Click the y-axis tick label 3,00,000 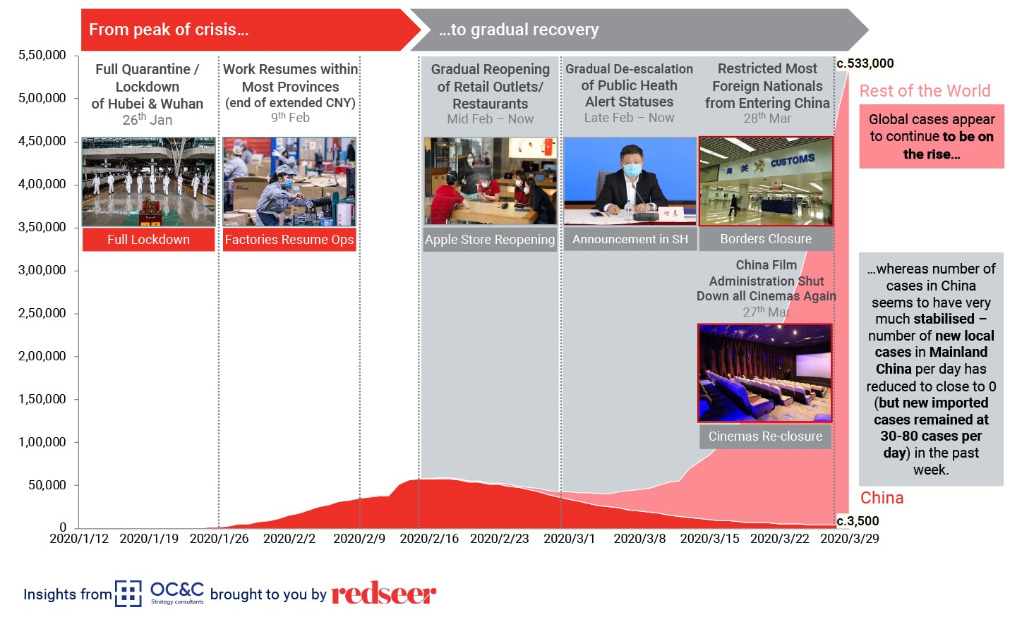tap(42, 270)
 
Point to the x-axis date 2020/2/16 tap(429, 539)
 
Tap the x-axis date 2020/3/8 tap(639, 539)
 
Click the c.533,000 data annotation tap(865, 63)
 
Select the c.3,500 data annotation tap(858, 521)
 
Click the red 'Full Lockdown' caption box tap(148, 239)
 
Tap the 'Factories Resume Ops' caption tap(289, 239)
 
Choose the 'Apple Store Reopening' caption tap(490, 239)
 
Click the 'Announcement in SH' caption tap(630, 239)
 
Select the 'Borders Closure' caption tap(766, 239)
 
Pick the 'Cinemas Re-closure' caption tap(765, 436)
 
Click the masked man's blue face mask tap(632, 170)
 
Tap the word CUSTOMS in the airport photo tap(793, 160)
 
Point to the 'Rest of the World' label tap(925, 91)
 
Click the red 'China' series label tap(882, 498)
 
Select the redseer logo tap(384, 593)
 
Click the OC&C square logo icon tap(128, 594)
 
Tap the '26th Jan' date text tap(148, 119)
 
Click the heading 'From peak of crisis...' tap(169, 30)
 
